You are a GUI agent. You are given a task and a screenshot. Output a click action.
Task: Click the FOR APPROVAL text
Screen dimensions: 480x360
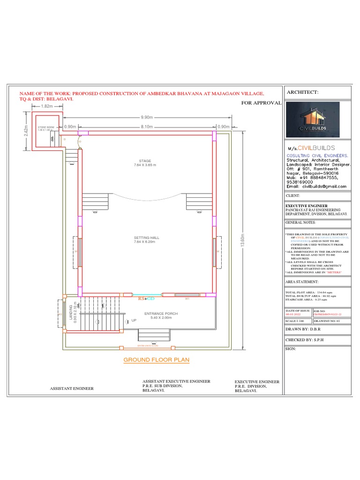point(261,103)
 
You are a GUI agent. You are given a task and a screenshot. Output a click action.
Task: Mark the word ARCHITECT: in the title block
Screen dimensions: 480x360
point(302,92)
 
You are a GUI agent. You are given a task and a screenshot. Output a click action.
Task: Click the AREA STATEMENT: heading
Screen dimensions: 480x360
point(302,282)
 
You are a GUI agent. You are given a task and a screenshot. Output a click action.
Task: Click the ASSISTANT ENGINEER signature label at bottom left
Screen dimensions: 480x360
point(72,389)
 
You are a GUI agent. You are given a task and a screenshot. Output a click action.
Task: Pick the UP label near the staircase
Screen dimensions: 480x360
point(134,321)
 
